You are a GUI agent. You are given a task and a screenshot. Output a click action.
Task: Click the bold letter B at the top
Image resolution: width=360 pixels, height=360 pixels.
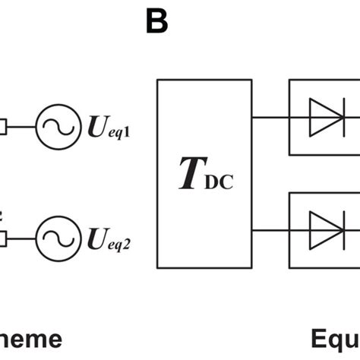156,22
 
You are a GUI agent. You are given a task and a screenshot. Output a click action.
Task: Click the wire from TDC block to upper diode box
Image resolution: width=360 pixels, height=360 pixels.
269,118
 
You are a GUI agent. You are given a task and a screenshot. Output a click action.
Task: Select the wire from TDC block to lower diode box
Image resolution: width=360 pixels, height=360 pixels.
269,229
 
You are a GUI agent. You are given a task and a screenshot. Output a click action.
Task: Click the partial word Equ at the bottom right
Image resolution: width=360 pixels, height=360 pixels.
336,339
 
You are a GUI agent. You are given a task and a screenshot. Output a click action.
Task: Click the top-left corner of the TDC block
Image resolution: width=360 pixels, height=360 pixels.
156,78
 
